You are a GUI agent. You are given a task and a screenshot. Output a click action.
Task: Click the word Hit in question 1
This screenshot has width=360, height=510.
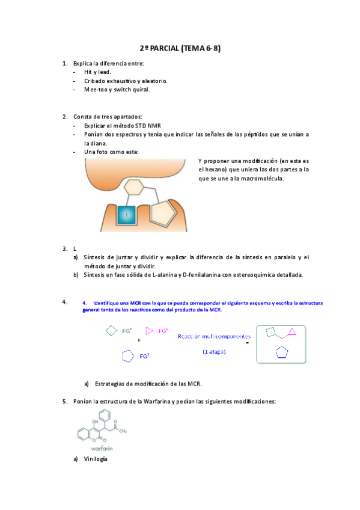pos(89,72)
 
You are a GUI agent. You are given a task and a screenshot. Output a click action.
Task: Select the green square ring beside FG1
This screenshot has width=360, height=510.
pos(110,330)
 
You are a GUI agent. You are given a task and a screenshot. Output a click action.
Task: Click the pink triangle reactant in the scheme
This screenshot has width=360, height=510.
pos(150,330)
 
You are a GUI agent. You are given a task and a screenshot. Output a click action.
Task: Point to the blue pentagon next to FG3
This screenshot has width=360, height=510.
pos(127,356)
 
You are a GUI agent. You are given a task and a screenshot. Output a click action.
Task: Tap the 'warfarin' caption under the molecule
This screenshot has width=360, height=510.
pos(102,448)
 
